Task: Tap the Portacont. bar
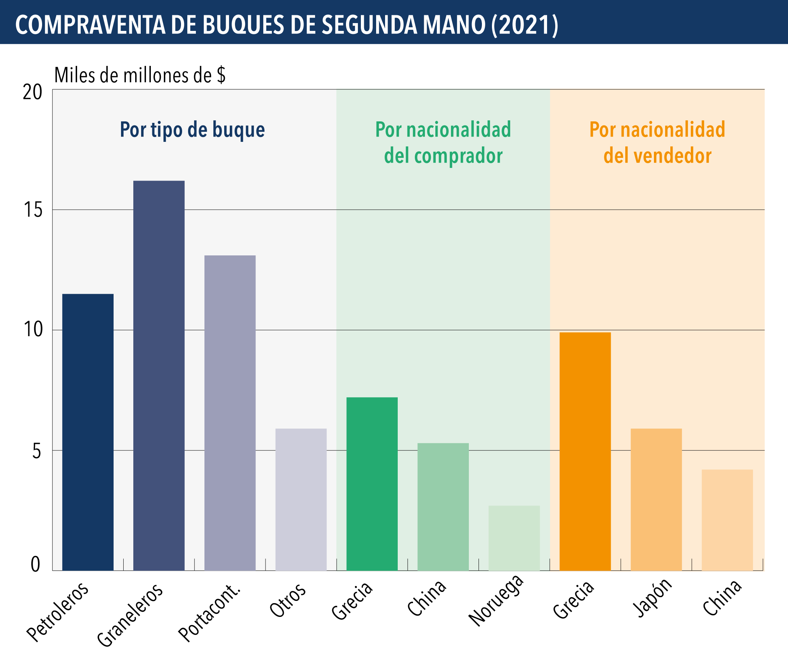pos(230,413)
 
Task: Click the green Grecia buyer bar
pos(372,484)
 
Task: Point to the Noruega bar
pos(514,538)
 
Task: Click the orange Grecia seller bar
pos(585,451)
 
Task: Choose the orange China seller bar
pos(727,520)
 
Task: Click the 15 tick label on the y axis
pos(33,210)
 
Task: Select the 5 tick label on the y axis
pos(36,451)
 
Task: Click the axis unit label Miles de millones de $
pos(140,75)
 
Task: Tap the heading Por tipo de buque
pos(192,130)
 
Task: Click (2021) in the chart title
pos(525,25)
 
